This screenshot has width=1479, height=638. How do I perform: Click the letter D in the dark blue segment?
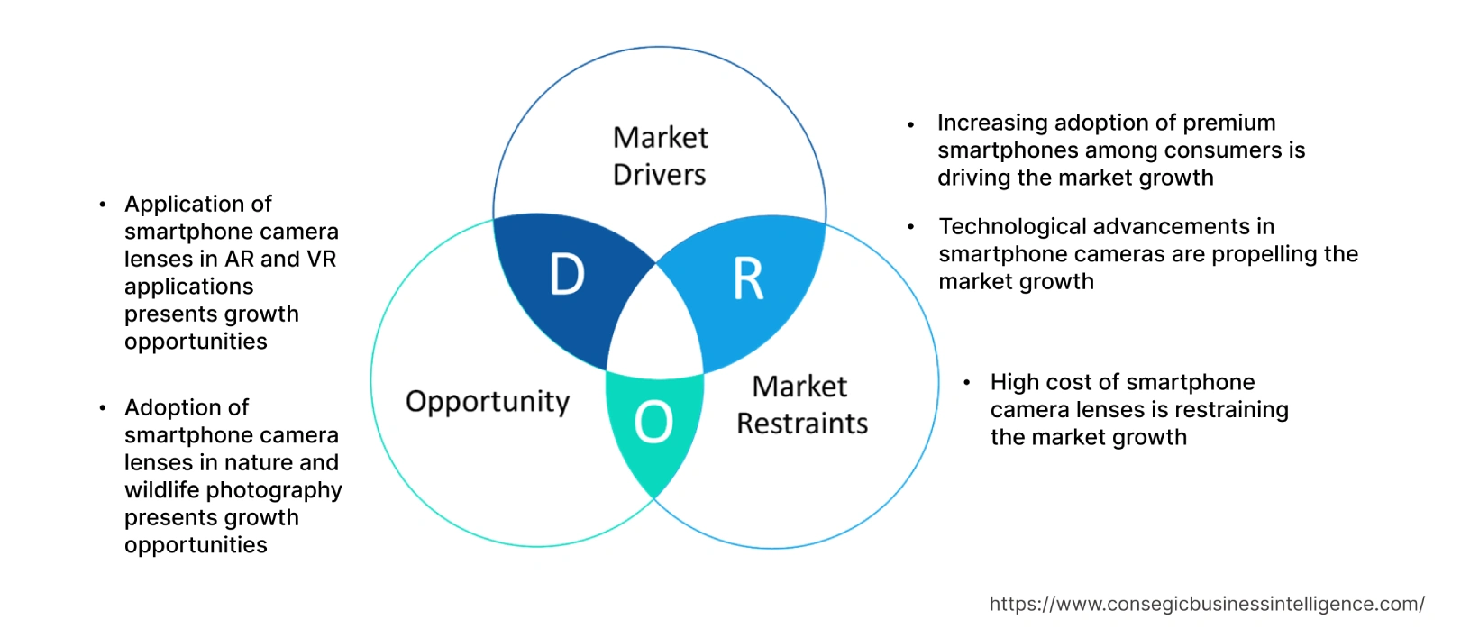(567, 274)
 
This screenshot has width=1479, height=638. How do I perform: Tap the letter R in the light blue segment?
(748, 279)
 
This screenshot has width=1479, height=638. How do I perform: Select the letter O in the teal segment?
(653, 422)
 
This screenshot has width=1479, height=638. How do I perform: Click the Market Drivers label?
(660, 156)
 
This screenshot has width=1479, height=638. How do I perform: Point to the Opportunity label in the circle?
(488, 401)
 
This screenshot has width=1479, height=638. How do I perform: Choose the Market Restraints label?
(801, 405)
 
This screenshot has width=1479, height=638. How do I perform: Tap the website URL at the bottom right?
(1207, 604)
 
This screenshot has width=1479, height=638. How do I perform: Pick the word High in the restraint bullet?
(1013, 382)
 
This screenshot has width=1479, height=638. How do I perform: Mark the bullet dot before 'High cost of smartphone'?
(966, 383)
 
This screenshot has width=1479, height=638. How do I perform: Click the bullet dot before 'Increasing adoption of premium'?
(912, 124)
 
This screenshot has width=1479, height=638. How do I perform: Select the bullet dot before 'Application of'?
(103, 205)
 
